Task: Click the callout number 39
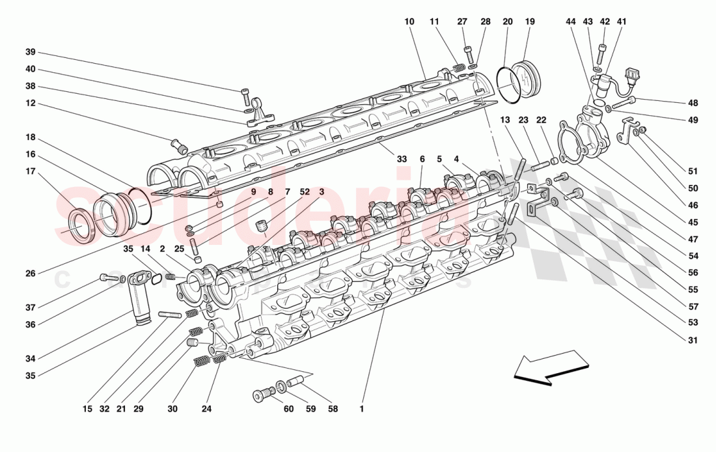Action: [x=30, y=53]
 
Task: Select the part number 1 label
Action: [x=361, y=410]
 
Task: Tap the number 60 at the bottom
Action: [x=288, y=410]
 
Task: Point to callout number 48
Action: [x=693, y=103]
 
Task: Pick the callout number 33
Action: [x=402, y=160]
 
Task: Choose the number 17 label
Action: [x=30, y=171]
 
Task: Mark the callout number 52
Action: [x=305, y=191]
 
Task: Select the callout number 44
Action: [x=570, y=21]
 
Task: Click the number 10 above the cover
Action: [x=409, y=21]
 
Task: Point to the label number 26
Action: [x=30, y=274]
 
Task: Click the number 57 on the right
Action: [x=693, y=307]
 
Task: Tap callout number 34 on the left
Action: [x=30, y=358]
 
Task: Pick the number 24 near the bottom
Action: [x=206, y=410]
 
